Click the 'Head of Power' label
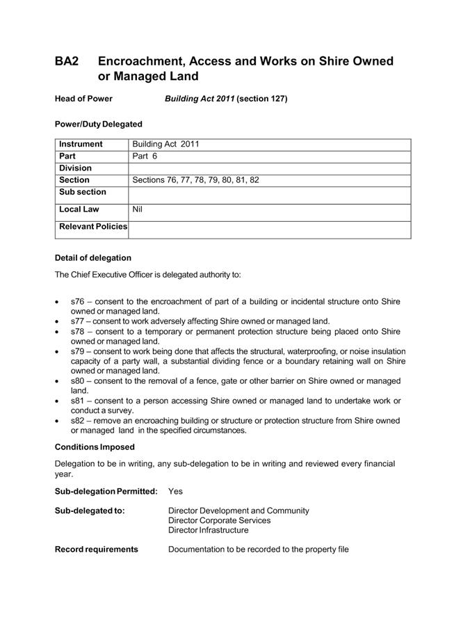click(x=83, y=99)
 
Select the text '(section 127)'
click(x=262, y=99)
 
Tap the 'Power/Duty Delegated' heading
click(x=98, y=124)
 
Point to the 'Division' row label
click(x=76, y=168)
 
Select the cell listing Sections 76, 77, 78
click(x=195, y=180)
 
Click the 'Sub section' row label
click(x=83, y=192)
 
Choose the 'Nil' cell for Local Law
click(x=137, y=209)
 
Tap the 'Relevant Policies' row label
click(x=93, y=227)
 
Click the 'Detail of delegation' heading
click(x=92, y=258)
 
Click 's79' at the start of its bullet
click(x=77, y=352)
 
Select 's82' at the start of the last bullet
click(x=77, y=421)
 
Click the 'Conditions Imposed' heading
click(x=95, y=447)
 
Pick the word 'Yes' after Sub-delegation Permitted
click(x=175, y=491)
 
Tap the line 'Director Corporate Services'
click(x=220, y=520)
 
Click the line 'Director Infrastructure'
click(x=208, y=530)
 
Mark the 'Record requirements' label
click(x=96, y=549)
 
